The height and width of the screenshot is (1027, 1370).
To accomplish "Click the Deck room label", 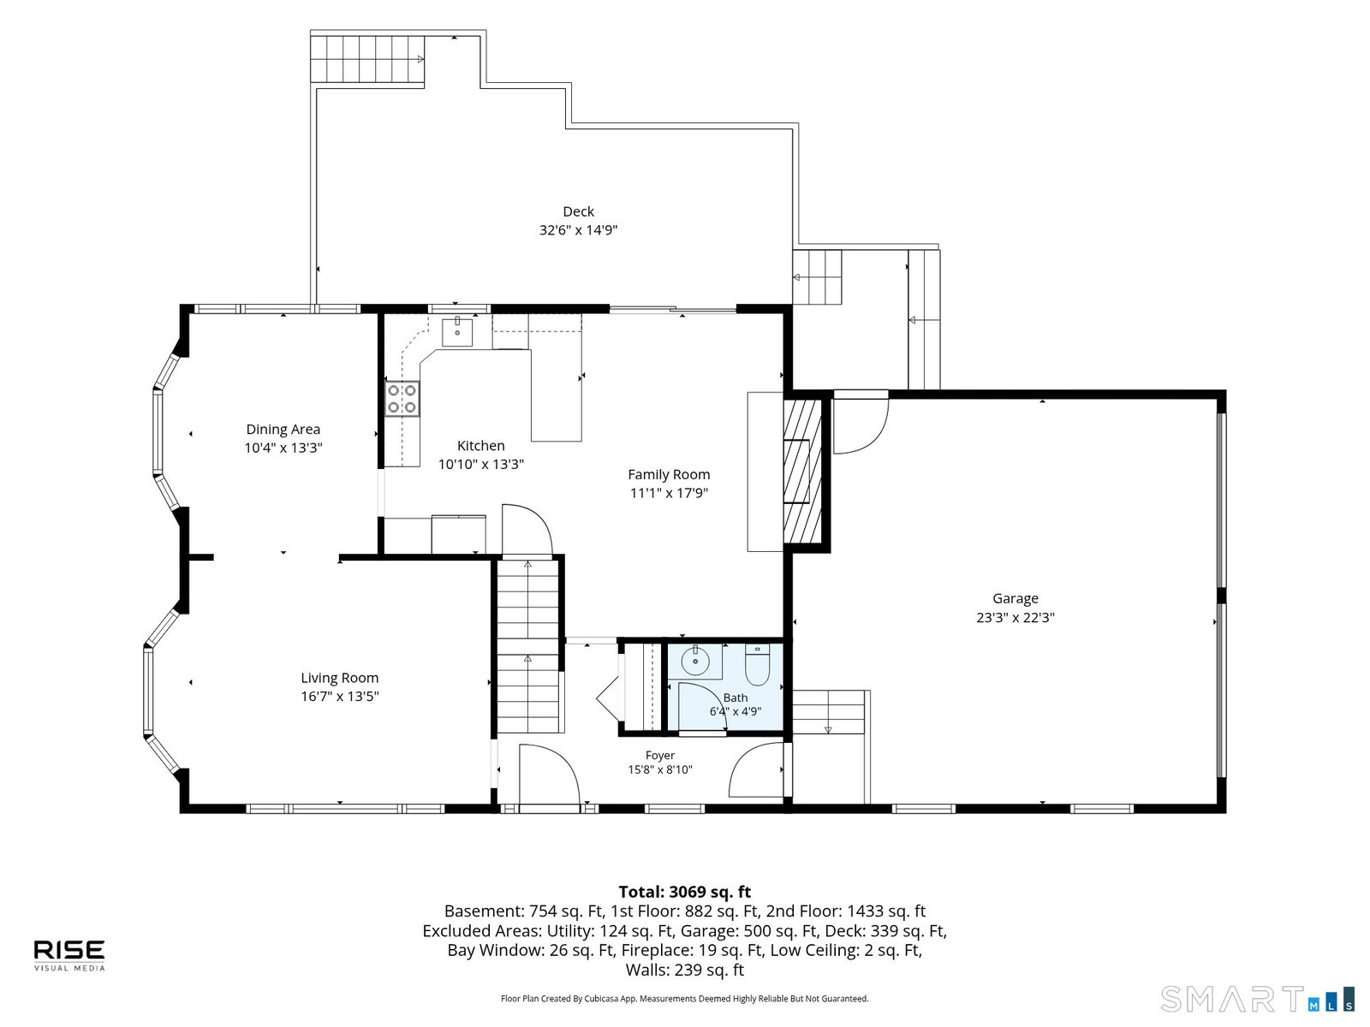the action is coord(578,212).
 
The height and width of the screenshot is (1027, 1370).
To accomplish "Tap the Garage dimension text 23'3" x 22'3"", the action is coord(1015,617).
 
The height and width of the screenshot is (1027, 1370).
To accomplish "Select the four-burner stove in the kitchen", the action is coord(402,399).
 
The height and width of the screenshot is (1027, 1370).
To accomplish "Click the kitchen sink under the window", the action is coord(457,332).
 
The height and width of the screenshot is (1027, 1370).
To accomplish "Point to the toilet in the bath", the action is coord(758,665).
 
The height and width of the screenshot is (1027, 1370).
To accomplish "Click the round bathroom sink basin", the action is coord(694,661).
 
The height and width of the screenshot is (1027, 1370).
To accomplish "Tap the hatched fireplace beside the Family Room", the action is coord(802,472).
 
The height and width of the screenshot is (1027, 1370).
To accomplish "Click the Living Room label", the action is coord(340,678).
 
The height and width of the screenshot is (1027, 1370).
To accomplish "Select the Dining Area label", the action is coord(283,429).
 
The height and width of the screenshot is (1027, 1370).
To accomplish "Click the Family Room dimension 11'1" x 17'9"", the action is coord(669,493).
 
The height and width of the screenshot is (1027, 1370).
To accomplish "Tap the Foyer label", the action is coord(659,755).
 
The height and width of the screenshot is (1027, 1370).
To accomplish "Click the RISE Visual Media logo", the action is coord(69,954).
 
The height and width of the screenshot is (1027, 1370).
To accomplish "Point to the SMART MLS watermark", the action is coord(1257,999).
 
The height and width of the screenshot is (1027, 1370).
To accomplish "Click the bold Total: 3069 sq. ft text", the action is coord(685,892).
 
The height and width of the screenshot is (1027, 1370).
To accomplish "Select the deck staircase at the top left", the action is coord(367,60).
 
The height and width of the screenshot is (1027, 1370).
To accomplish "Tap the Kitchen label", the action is coord(480,446).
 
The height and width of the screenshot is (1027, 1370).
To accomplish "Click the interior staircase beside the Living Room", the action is coord(528,646).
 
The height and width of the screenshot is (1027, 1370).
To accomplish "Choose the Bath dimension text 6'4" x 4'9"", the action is coord(736,711).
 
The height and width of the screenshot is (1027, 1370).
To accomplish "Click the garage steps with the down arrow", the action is coord(828,712).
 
